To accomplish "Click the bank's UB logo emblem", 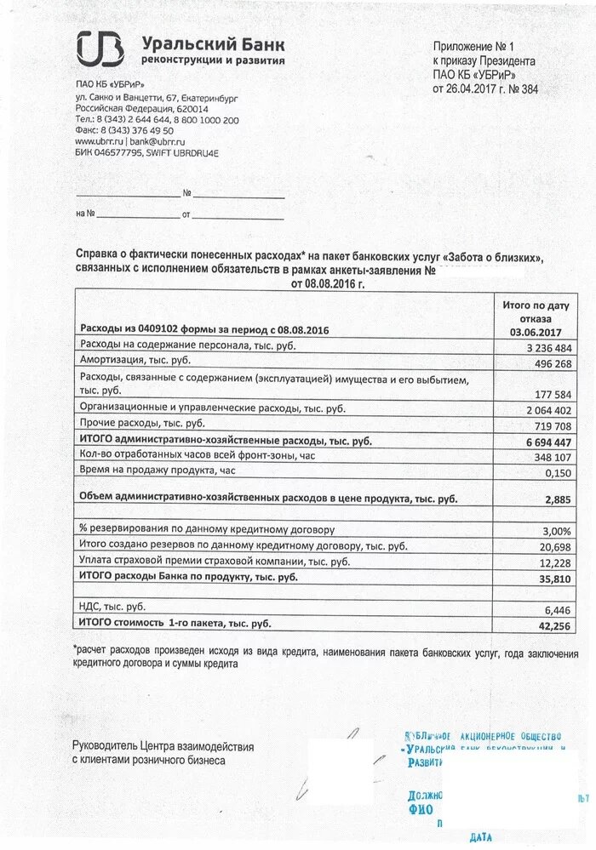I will (x=100, y=48).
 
